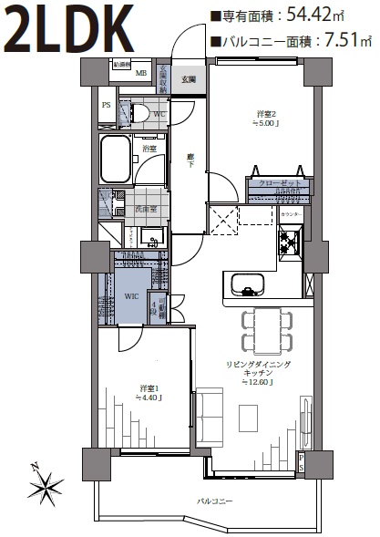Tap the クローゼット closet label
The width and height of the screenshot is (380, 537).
coord(279,182)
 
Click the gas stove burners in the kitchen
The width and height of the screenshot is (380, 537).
coord(291,242)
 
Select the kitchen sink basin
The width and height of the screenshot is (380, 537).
coord(246,285)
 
